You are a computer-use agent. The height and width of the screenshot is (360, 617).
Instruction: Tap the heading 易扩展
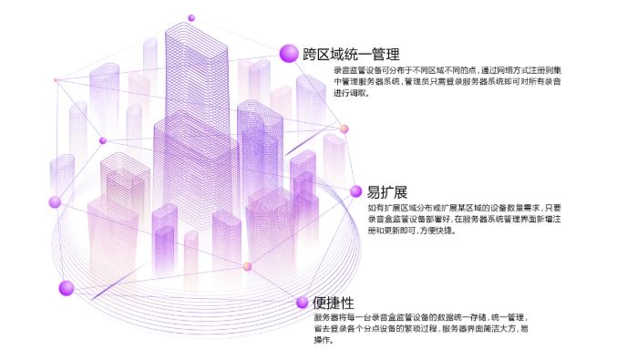[386, 191]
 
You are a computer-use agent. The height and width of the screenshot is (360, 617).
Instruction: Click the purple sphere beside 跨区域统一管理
[289, 53]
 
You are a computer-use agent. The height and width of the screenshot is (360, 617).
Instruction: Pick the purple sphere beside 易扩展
[355, 191]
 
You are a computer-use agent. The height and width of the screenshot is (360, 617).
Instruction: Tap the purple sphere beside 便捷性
[302, 302]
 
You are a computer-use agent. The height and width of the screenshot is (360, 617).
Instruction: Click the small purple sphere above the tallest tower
[191, 18]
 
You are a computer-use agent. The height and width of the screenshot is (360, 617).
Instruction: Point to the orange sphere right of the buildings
[344, 129]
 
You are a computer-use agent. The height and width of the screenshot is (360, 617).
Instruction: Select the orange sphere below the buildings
[247, 266]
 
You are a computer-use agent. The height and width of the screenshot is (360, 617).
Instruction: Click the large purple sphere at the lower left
[66, 288]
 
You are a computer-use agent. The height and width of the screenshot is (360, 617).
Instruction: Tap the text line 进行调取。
[351, 93]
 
